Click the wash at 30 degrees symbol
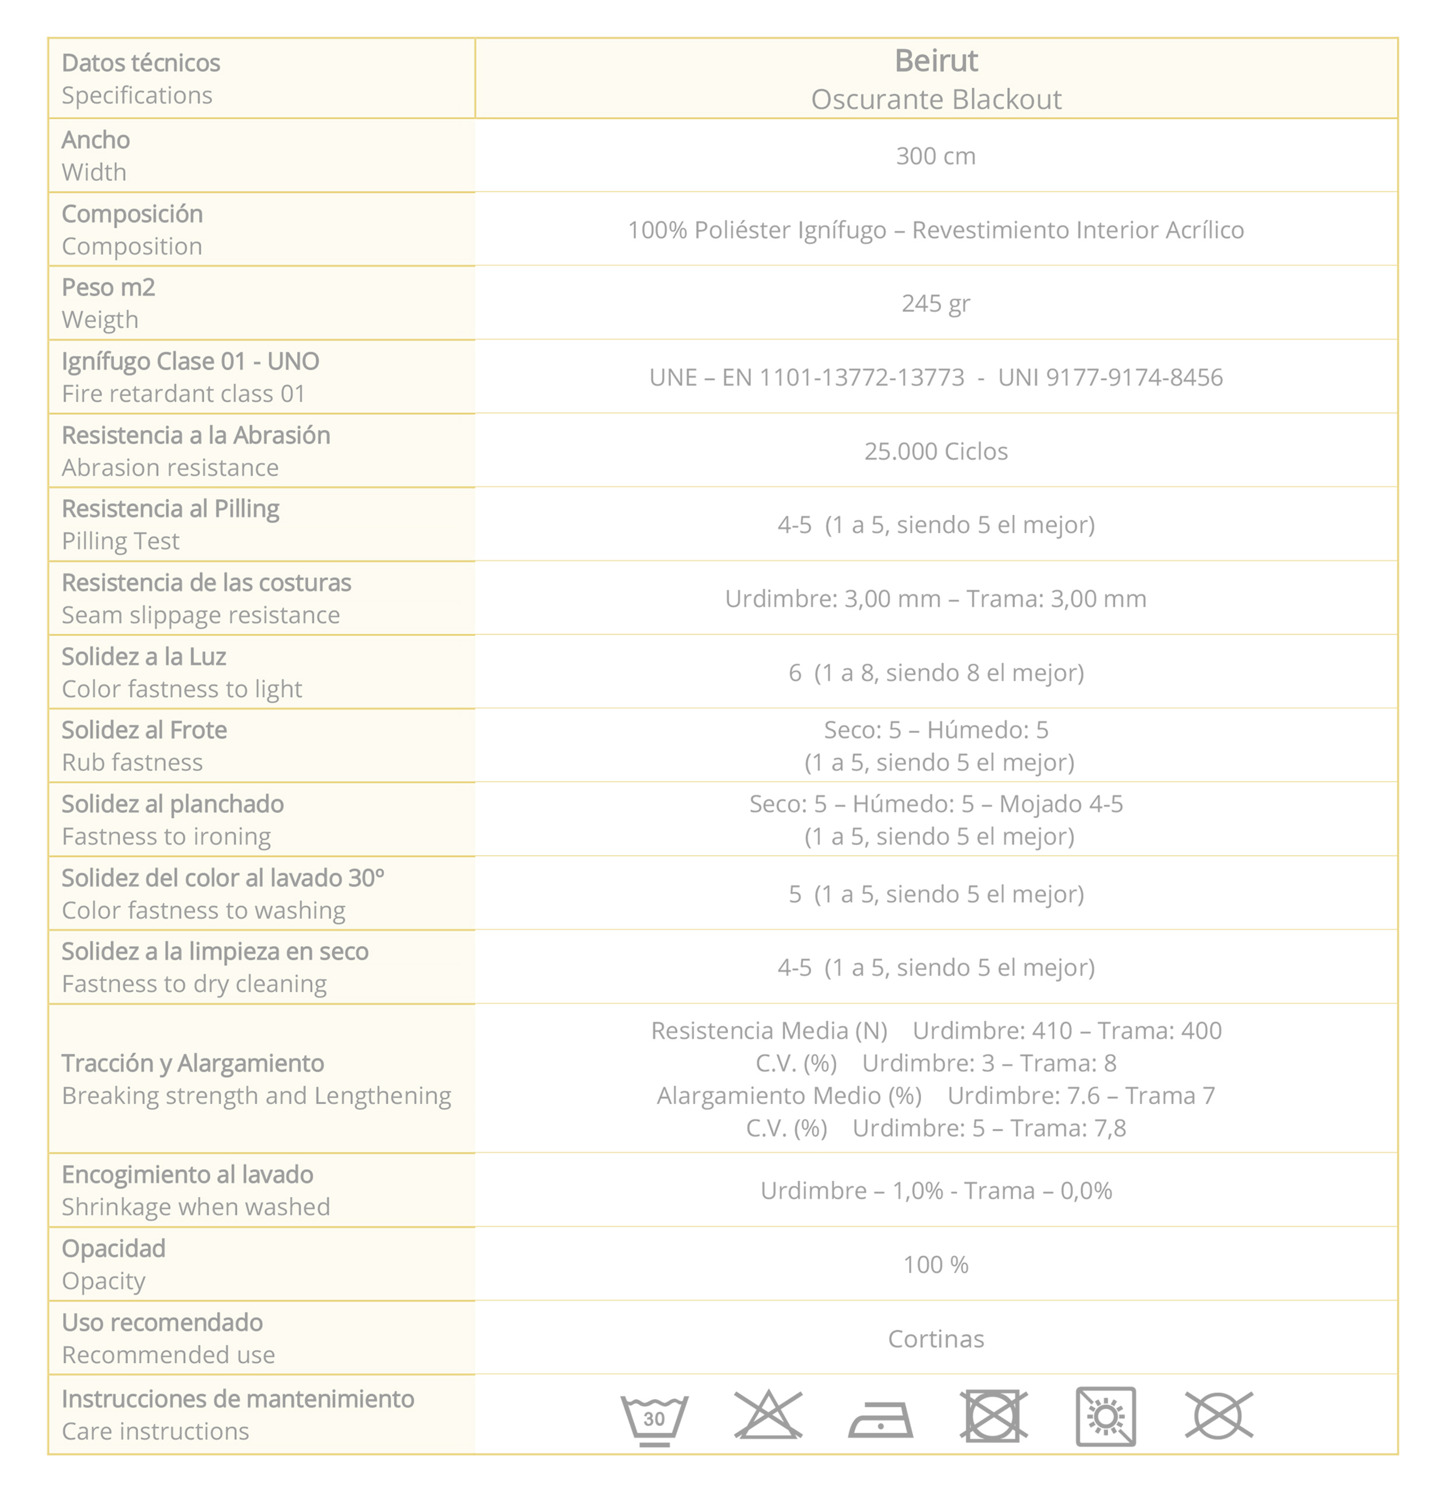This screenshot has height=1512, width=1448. (x=653, y=1418)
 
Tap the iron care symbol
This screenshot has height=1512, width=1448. (x=880, y=1419)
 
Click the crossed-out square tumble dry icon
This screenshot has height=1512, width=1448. (x=993, y=1416)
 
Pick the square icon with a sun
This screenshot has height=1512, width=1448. (x=1105, y=1416)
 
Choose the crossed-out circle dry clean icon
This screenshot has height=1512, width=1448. (x=1218, y=1416)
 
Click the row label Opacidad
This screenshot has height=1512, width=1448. (x=113, y=1248)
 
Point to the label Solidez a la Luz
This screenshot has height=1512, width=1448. (x=144, y=656)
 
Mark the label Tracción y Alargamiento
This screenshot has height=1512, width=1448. (x=193, y=1063)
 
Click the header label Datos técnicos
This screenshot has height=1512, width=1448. (x=140, y=62)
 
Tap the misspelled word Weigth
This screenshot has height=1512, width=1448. (x=100, y=319)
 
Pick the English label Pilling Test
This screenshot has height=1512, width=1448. (x=120, y=541)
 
